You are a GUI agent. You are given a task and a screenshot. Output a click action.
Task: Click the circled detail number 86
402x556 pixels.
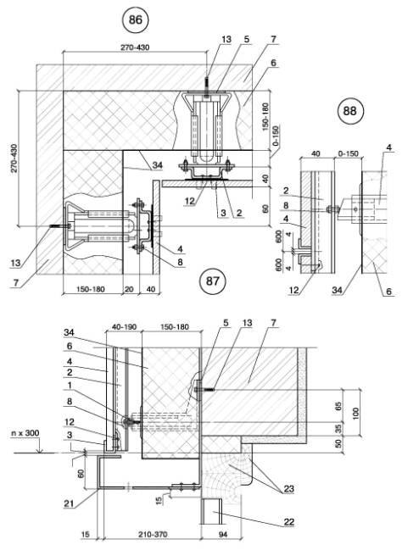point(135,19)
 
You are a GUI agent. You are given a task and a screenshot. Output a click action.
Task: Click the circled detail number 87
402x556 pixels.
point(213,281)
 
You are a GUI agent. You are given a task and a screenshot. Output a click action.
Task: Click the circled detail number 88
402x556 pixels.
point(349,111)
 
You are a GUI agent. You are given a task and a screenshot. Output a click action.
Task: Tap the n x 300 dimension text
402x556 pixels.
point(25,433)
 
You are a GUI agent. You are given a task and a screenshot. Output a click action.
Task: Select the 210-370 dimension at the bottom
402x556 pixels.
point(153,534)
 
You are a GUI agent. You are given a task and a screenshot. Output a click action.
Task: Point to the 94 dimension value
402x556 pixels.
point(222,534)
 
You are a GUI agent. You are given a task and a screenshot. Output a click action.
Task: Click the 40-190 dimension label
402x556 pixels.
point(124,326)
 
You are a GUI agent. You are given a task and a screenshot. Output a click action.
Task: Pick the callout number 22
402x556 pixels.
point(289,522)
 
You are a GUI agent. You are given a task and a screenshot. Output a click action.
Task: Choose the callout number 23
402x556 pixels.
point(289,489)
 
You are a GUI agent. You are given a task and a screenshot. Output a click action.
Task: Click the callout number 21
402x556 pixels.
point(70,503)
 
